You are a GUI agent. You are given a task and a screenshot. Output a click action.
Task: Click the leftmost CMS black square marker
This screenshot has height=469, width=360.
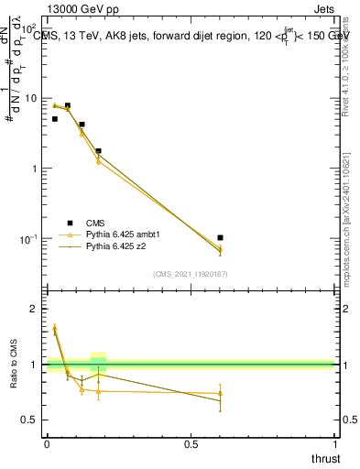tap(55, 119)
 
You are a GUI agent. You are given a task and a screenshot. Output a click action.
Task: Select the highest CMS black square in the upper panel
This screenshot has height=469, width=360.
tap(68, 105)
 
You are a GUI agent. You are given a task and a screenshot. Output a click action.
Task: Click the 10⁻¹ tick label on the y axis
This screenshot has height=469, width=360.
tap(29, 239)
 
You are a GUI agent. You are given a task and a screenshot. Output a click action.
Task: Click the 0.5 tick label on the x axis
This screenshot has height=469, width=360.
tap(191, 444)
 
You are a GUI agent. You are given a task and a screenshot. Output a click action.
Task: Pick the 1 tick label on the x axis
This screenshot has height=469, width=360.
tap(336, 444)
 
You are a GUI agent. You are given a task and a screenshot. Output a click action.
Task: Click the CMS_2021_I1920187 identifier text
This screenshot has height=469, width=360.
tap(191, 274)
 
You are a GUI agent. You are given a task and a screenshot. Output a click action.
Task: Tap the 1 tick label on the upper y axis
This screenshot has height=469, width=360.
tap(36, 169)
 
